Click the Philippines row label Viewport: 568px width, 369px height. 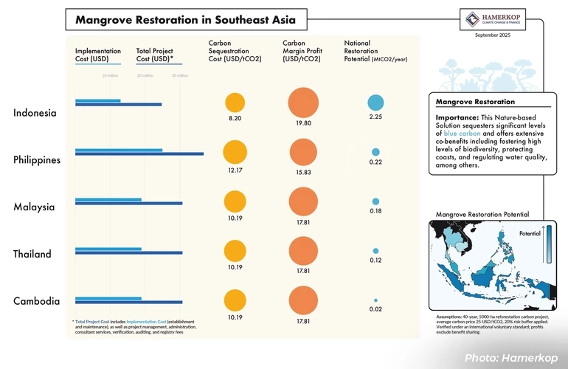pos(37,160)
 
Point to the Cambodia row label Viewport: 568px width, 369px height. pos(35,301)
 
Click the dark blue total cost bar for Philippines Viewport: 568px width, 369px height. pos(139,154)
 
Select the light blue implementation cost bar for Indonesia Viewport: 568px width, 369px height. pos(97,100)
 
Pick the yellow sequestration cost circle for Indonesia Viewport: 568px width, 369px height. pos(234,104)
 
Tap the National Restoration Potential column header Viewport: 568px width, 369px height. pos(375,51)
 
